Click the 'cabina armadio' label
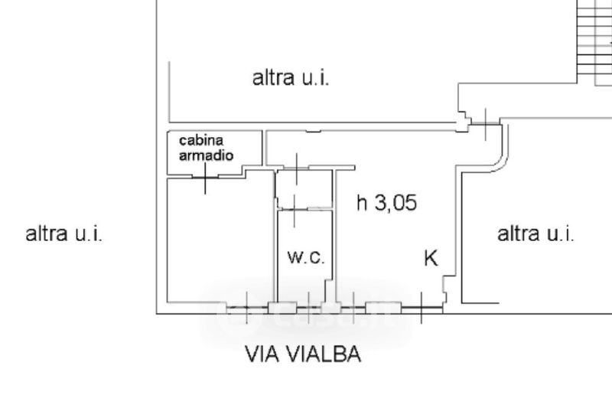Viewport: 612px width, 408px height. coord(206,148)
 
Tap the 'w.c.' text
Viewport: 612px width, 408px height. coord(306,257)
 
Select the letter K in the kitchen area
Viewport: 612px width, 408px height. coord(431,258)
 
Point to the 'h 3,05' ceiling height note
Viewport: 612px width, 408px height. coord(387,203)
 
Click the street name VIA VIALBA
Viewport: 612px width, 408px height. coord(303,354)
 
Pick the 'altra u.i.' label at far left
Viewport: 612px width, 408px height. coord(64,234)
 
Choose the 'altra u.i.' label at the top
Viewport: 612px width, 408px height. coord(291,77)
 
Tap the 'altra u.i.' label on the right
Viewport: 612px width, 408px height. coord(535,234)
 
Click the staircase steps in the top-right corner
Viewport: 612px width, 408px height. coord(594,42)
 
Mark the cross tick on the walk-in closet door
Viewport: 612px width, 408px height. coord(205,178)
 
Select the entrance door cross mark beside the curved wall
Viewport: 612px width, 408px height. coord(485,124)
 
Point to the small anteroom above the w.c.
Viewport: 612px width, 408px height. coord(304,189)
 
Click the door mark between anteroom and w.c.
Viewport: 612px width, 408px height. coord(295,210)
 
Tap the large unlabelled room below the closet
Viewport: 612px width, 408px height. coord(220,240)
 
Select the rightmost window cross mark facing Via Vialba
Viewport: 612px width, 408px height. coord(422,308)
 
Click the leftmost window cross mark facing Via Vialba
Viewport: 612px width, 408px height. coord(246,308)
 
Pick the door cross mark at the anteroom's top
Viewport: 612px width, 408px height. coord(297,168)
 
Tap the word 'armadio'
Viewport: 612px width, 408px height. coord(206,155)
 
